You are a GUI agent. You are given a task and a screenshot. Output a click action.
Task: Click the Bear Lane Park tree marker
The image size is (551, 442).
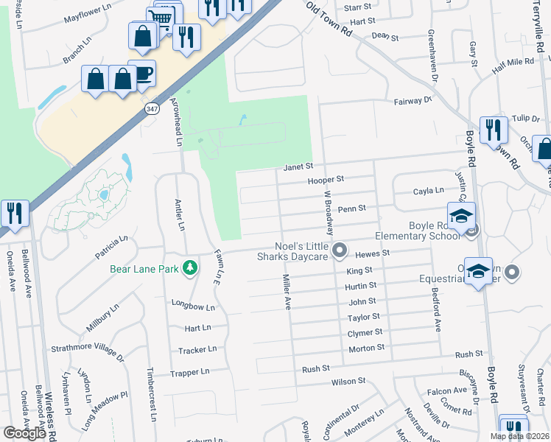[x=191, y=268]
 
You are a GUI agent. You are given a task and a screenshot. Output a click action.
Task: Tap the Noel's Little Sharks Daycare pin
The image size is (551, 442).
[x=340, y=251]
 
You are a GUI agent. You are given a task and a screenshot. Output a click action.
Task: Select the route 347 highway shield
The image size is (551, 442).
[x=150, y=109]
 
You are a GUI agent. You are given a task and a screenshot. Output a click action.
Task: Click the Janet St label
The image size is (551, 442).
[x=300, y=166]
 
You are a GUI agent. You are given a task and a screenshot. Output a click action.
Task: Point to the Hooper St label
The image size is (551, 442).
[x=326, y=179]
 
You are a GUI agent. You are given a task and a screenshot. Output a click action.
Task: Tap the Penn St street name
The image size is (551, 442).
[x=352, y=208]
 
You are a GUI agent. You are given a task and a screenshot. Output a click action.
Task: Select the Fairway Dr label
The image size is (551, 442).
[x=412, y=100]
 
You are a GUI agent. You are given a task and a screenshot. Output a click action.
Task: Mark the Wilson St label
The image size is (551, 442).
[x=348, y=381]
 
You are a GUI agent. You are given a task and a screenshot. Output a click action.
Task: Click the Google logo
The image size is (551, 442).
[x=24, y=433]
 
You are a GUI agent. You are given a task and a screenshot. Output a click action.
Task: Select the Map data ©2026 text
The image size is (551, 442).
[x=519, y=436]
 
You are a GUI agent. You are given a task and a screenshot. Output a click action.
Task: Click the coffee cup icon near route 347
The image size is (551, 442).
[x=144, y=73]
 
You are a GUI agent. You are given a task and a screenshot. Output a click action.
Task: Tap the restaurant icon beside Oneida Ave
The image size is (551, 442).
[x=15, y=214]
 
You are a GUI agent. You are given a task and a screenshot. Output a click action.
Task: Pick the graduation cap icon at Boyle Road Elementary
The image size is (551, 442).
[x=461, y=216]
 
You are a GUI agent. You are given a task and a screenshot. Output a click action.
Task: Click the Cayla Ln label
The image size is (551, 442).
[x=429, y=191]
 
